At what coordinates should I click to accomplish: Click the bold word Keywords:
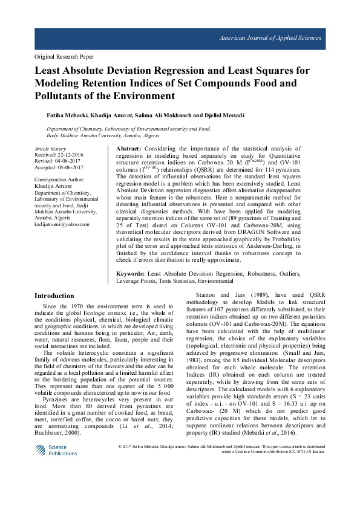point(131,274)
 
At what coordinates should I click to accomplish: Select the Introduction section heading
point(54,296)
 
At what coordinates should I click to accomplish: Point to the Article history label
point(50,148)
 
